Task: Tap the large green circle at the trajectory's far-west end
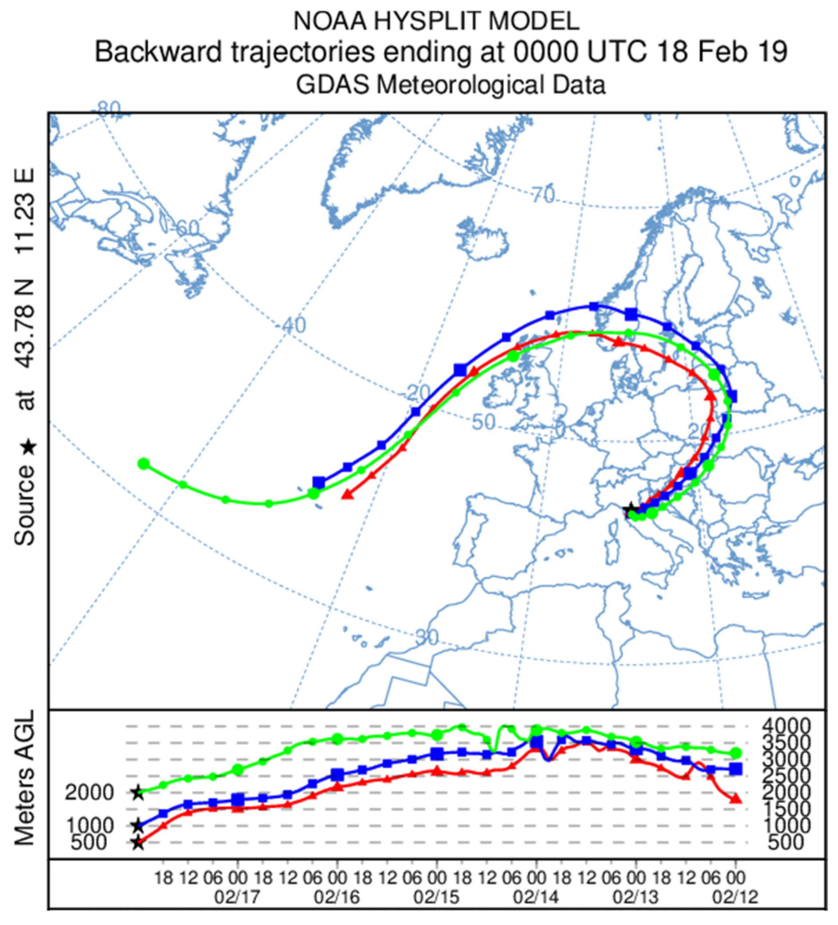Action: tap(144, 464)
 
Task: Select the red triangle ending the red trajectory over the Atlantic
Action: tap(348, 494)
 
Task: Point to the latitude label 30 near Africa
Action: tap(427, 636)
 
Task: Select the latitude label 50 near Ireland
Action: tap(484, 422)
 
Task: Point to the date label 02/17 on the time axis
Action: tap(237, 896)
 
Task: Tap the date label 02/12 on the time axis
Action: tap(735, 896)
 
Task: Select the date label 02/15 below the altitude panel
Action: tap(436, 896)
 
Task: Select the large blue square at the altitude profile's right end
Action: tap(736, 768)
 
